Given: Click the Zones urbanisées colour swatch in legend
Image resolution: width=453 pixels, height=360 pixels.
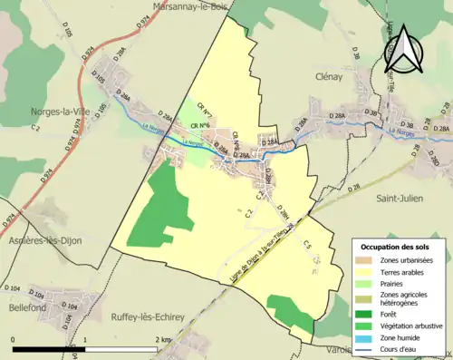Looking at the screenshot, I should [364, 261].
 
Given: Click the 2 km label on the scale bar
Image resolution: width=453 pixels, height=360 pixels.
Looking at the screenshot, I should [163, 339].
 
